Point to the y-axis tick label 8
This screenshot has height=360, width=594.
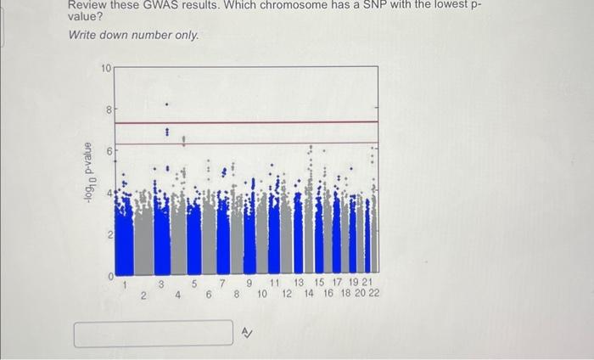108,110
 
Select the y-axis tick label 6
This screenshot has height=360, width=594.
108,151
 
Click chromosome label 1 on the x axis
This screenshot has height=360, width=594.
126,284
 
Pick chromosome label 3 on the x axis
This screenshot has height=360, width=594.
160,284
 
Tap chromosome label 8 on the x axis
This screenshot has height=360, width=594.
237,294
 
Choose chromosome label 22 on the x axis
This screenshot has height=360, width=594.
373,294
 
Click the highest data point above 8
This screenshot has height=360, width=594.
166,104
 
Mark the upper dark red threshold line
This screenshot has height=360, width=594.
246,123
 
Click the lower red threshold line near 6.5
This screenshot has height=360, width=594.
246,143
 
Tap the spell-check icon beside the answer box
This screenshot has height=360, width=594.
247,333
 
